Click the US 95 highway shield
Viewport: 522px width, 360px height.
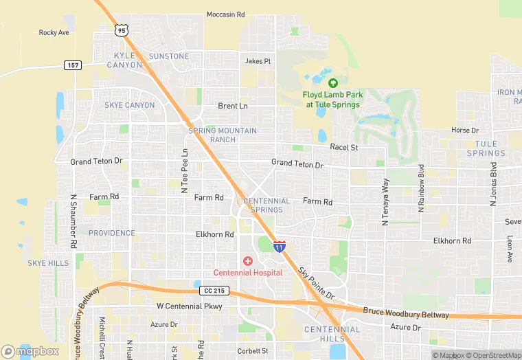coord(121,30)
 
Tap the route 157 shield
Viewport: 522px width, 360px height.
coord(73,65)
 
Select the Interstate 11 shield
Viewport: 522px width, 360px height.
coord(280,246)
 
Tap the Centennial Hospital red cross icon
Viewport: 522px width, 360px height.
coord(247,261)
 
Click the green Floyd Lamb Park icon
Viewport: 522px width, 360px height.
coord(332,83)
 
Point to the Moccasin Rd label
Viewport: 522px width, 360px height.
coord(225,14)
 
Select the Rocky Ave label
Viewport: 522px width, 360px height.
coord(54,32)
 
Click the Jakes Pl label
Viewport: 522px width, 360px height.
coord(258,61)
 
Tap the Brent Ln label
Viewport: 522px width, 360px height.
coord(232,106)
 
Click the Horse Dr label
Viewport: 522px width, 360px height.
coord(465,130)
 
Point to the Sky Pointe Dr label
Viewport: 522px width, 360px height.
coord(316,283)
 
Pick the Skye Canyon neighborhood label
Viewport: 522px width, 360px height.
coord(129,105)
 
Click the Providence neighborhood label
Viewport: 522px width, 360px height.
coord(112,233)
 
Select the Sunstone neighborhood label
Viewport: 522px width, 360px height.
coord(168,56)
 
